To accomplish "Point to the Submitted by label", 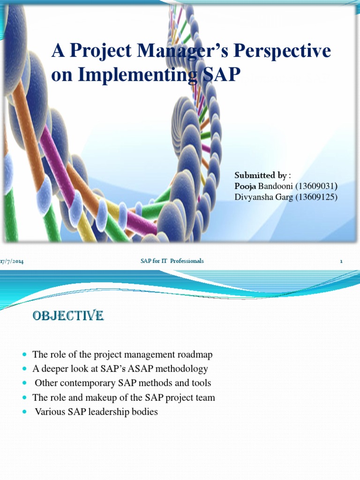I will click(260, 175).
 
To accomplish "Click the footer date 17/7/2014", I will click(12, 261).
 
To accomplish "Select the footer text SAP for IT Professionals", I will click(172, 261).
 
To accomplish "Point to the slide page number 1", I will click(341, 261).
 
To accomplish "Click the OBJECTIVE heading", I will click(68, 316).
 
